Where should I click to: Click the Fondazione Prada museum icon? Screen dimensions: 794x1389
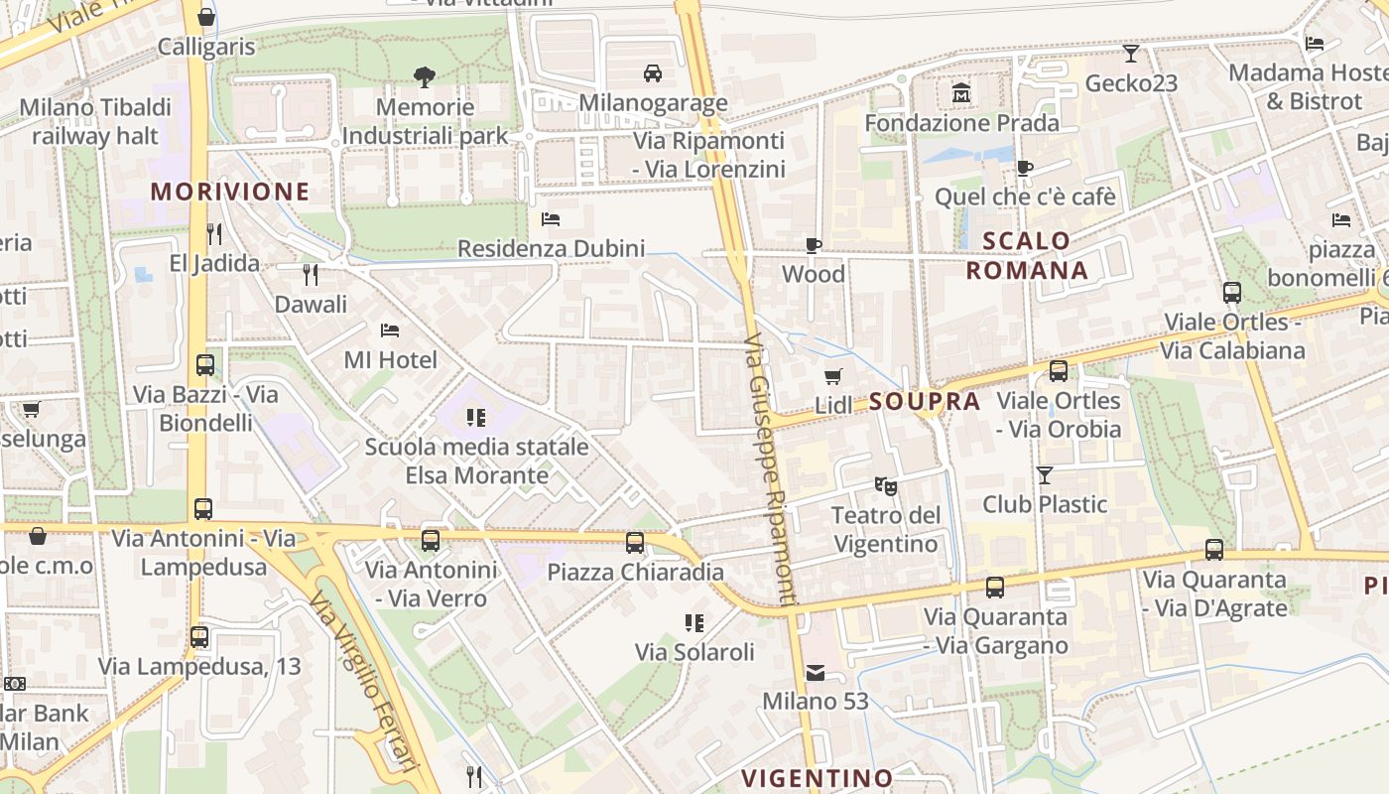pyautogui.click(x=960, y=93)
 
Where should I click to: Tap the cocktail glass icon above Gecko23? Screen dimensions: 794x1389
pyautogui.click(x=1130, y=54)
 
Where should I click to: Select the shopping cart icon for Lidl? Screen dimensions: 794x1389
pyautogui.click(x=833, y=376)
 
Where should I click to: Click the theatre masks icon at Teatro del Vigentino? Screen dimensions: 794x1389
pyautogui.click(x=885, y=485)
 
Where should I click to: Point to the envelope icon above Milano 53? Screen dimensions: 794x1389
pyautogui.click(x=815, y=673)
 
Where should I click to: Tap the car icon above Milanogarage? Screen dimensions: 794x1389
pyautogui.click(x=653, y=73)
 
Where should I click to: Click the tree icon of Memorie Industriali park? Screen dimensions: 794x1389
pyautogui.click(x=425, y=76)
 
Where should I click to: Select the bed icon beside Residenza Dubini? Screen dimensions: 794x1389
pyautogui.click(x=551, y=219)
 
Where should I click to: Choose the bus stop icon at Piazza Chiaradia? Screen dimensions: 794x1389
pyautogui.click(x=635, y=543)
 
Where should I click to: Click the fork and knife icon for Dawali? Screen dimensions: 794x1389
pyautogui.click(x=311, y=274)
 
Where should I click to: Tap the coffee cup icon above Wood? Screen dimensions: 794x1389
pyautogui.click(x=814, y=245)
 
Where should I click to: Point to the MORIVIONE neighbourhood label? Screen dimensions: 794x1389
pyautogui.click(x=230, y=192)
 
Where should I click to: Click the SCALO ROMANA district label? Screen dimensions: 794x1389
pyautogui.click(x=1027, y=255)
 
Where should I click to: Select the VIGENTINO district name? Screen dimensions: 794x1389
pyautogui.click(x=818, y=777)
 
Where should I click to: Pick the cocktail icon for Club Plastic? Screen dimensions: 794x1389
pyautogui.click(x=1044, y=475)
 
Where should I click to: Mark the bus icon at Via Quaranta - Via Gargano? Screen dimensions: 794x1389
pyautogui.click(x=995, y=588)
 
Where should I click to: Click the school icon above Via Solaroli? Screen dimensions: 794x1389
pyautogui.click(x=694, y=623)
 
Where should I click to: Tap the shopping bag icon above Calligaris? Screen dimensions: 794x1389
pyautogui.click(x=205, y=17)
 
